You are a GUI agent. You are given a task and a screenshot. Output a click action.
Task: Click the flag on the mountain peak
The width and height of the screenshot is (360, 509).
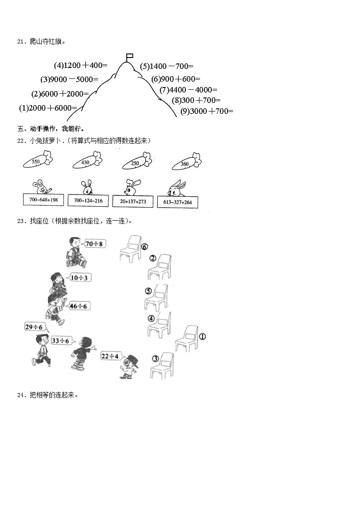point(129,57)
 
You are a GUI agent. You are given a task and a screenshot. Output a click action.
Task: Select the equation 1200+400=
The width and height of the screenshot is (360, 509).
point(81,65)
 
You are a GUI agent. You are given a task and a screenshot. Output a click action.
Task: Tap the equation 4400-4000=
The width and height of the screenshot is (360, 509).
point(189,90)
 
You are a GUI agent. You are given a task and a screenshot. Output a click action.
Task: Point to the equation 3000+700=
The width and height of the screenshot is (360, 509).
point(206,111)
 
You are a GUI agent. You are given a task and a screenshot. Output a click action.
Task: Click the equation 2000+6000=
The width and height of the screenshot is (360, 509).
point(48,108)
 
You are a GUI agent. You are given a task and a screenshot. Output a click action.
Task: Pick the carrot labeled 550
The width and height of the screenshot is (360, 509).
point(38,161)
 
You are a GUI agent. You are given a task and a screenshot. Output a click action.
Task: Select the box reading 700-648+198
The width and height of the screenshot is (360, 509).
point(44,200)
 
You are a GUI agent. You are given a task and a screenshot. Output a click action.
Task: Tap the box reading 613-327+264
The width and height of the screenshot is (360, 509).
point(178,202)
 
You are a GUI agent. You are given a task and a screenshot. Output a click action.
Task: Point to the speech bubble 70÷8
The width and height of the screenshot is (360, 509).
point(95,244)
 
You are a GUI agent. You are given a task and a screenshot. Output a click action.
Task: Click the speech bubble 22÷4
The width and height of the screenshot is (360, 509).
point(110,356)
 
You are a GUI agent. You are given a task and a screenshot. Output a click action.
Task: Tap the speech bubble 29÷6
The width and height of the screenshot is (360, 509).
point(34,327)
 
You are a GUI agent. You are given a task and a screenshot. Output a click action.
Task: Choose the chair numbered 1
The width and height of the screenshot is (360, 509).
point(186,338)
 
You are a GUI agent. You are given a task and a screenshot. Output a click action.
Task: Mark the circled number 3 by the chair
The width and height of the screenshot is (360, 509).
point(155,359)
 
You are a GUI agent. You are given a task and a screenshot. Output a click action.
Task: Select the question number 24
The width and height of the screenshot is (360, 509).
point(20,395)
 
